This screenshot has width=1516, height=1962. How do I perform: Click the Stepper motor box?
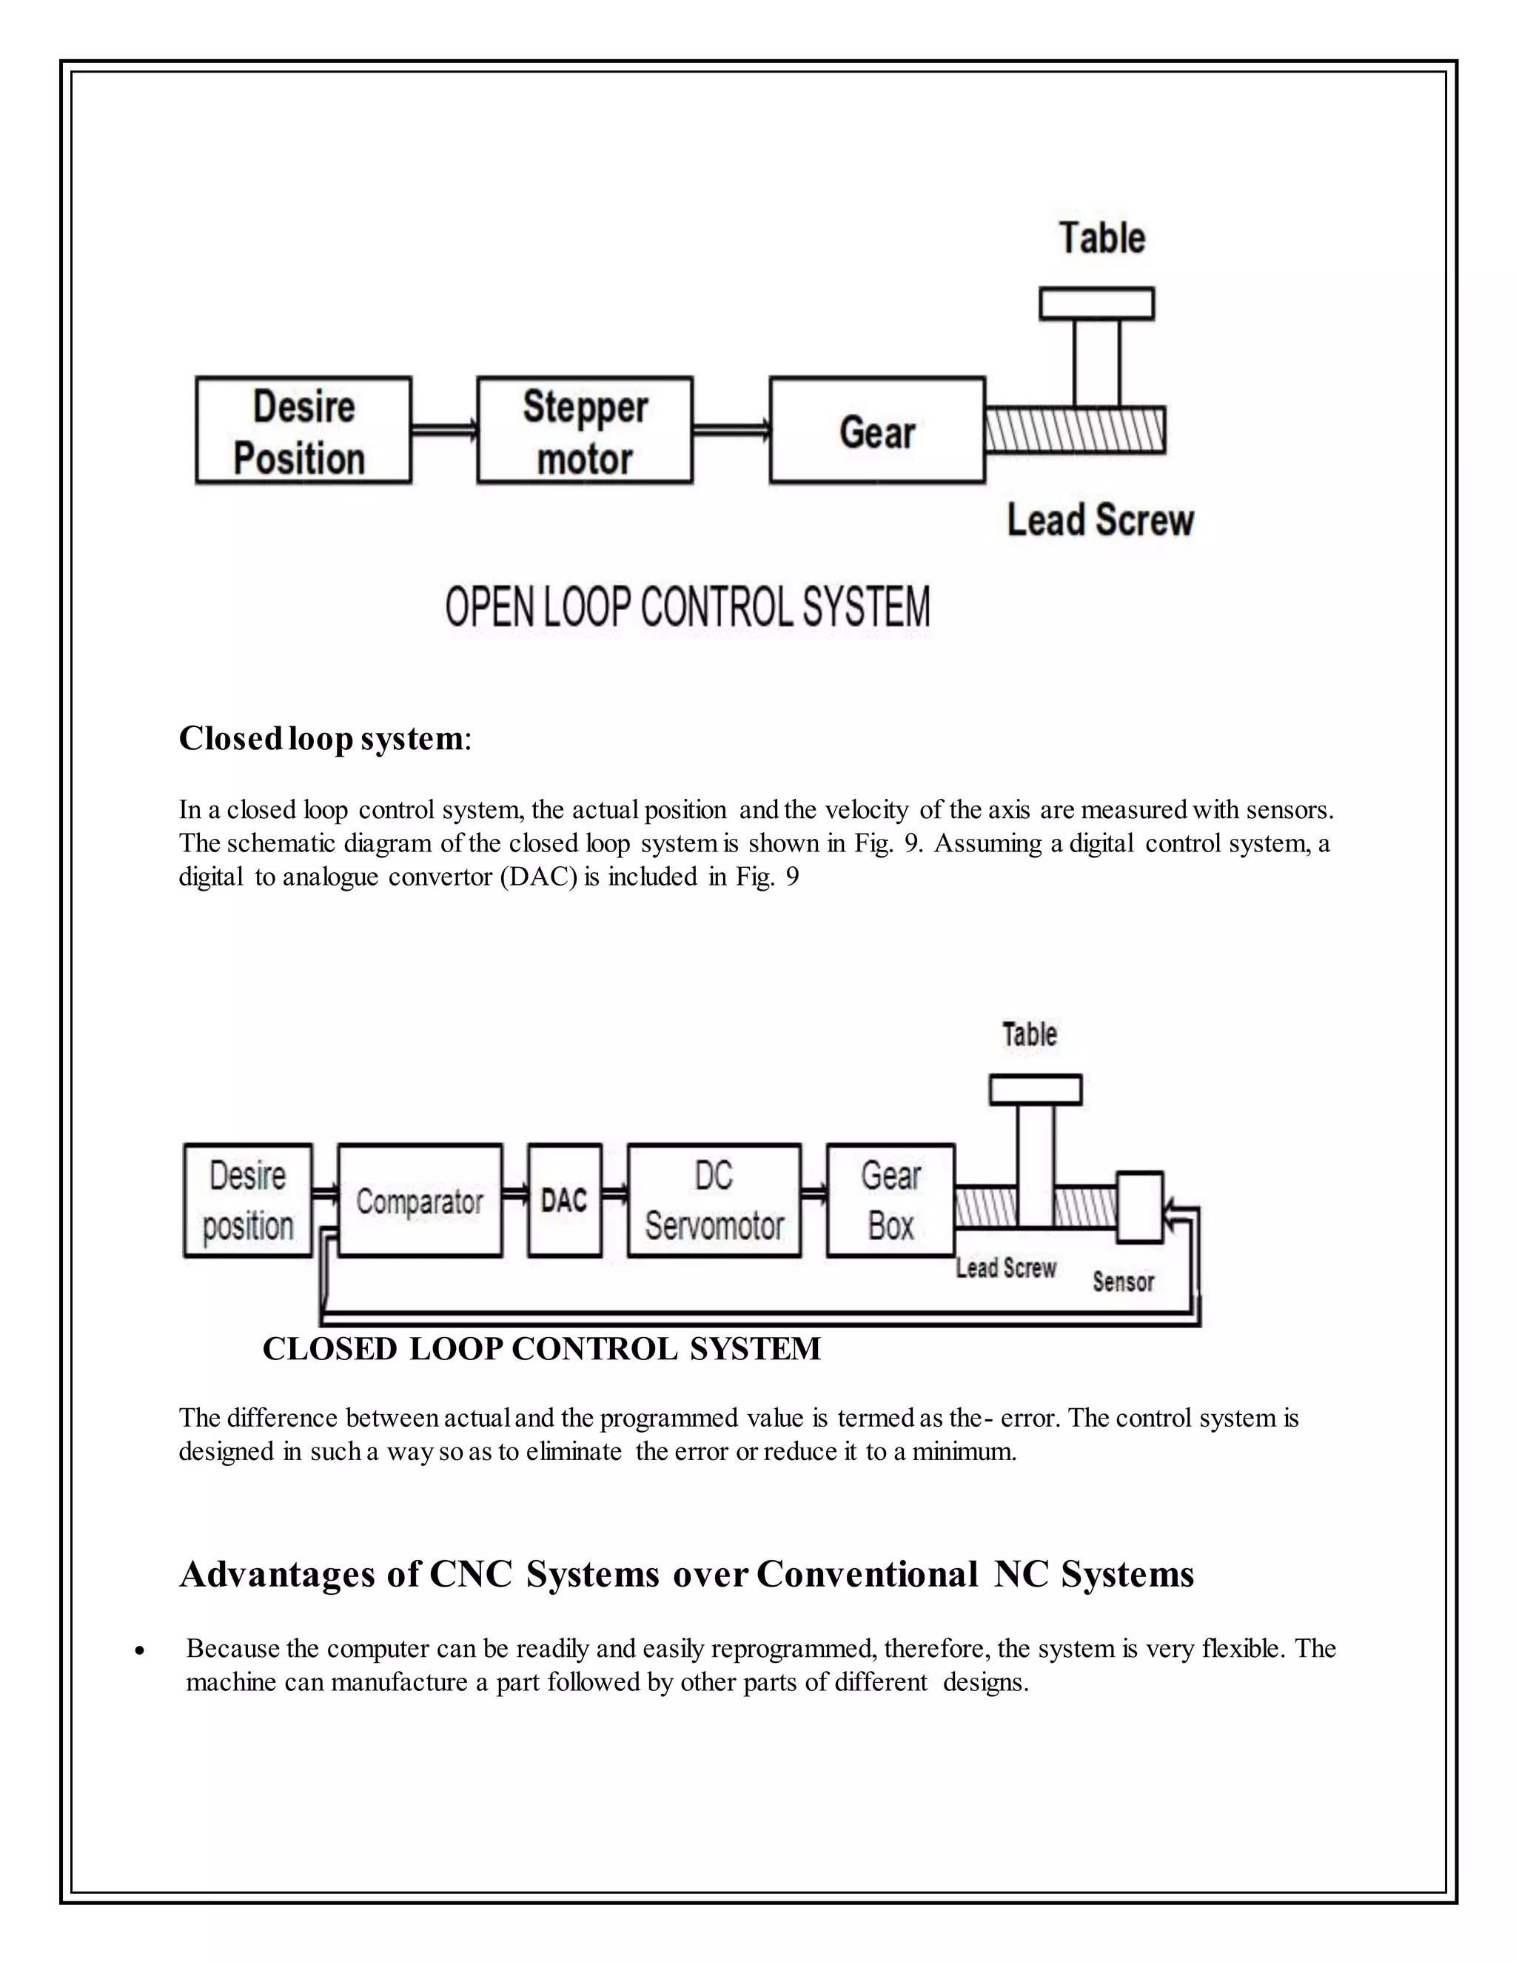(x=585, y=430)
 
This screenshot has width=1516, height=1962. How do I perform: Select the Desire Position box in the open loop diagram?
(x=303, y=430)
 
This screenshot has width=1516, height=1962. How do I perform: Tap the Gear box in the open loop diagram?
(x=877, y=430)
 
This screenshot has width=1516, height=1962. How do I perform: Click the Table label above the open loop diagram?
(x=1102, y=239)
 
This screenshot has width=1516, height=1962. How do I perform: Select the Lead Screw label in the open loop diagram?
(x=1100, y=521)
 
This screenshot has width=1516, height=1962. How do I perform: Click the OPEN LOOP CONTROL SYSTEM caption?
(x=688, y=607)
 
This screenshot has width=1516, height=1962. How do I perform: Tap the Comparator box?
(x=420, y=1200)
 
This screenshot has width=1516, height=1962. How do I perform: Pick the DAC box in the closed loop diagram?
(x=564, y=1200)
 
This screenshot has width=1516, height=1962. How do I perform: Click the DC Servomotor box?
(x=714, y=1200)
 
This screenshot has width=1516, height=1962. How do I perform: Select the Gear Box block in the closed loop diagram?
(x=890, y=1200)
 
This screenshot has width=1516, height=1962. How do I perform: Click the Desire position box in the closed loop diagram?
(x=248, y=1200)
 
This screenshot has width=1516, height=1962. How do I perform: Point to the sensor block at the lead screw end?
(x=1140, y=1208)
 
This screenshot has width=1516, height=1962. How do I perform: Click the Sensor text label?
(x=1123, y=1282)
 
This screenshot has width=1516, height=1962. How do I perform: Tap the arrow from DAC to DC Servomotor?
(x=614, y=1195)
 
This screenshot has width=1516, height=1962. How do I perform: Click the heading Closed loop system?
(x=321, y=738)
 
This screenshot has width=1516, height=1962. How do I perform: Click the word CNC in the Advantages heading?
(x=471, y=1575)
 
